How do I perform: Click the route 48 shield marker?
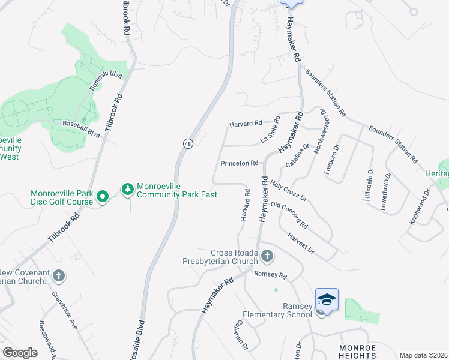click(x=188, y=144)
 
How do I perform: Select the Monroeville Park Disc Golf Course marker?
click(x=103, y=196)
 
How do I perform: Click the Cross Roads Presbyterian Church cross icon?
click(x=268, y=257)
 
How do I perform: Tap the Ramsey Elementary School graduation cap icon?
click(x=327, y=299)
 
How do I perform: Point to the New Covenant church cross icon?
click(x=58, y=276)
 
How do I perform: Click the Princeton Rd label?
click(x=239, y=163)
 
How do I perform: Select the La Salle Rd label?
click(x=270, y=130)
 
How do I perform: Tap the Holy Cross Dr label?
click(x=288, y=191)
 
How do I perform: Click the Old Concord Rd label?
click(x=289, y=215)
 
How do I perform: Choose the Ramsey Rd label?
click(x=271, y=275)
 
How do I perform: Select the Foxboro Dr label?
click(x=332, y=158)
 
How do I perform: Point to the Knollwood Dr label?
click(x=420, y=207)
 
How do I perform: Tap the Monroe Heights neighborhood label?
click(x=357, y=352)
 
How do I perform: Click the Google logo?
click(x=20, y=353)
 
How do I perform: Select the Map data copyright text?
click(x=423, y=355)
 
